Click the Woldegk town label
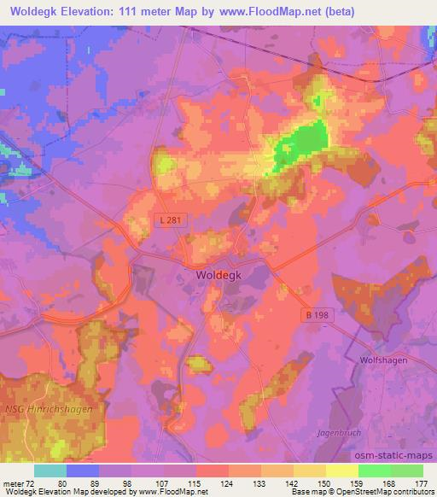point(208,277)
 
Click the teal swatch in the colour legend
point(50,471)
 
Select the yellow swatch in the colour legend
point(342,471)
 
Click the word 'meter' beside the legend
point(14,483)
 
